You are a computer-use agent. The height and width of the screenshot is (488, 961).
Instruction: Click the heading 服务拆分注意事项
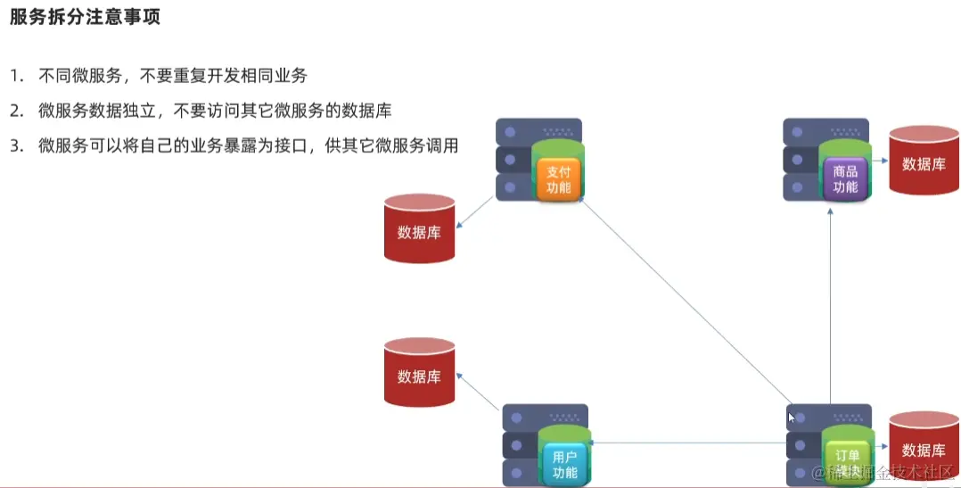[85, 17]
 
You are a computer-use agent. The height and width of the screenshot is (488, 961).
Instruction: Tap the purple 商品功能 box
[844, 178]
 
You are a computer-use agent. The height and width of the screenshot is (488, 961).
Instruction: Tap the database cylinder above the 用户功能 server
[419, 375]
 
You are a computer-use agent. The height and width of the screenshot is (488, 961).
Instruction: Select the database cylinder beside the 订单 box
[924, 449]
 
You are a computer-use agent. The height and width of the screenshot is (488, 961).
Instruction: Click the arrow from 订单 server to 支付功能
[686, 303]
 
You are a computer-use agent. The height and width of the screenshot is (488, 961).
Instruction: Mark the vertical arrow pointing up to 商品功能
[830, 303]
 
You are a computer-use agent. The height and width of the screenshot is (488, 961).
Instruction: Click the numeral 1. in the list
[16, 76]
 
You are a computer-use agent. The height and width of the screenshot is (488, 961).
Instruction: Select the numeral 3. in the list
[16, 146]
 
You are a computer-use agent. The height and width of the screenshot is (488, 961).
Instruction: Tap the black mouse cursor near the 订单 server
[792, 417]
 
